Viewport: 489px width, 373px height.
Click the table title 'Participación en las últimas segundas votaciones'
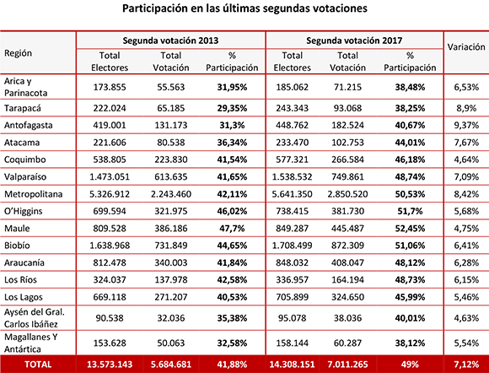point(244,8)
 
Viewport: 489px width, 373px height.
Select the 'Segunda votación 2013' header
point(170,41)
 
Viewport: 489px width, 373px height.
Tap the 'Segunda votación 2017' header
point(354,41)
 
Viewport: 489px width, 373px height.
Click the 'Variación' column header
point(466,46)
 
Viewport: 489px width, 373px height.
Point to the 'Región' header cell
point(18,53)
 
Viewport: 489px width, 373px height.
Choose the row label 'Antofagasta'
point(29,125)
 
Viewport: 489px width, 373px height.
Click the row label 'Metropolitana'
point(34,194)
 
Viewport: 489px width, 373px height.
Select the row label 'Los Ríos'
point(20,279)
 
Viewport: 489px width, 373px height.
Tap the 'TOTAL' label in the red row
point(38,365)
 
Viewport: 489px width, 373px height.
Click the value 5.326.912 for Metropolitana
point(110,194)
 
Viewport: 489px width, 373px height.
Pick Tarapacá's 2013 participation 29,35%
point(232,108)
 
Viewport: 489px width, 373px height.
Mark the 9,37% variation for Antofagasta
point(466,126)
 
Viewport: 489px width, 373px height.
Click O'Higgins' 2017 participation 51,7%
point(410,211)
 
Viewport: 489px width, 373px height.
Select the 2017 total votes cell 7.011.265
point(347,365)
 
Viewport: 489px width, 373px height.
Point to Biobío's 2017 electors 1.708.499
point(292,246)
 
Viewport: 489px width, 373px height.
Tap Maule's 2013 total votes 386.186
point(171,229)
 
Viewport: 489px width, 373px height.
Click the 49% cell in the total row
point(410,365)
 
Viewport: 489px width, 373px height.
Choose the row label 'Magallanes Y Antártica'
point(30,343)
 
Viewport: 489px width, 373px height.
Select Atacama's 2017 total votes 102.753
point(347,143)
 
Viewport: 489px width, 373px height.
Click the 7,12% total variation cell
point(466,365)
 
